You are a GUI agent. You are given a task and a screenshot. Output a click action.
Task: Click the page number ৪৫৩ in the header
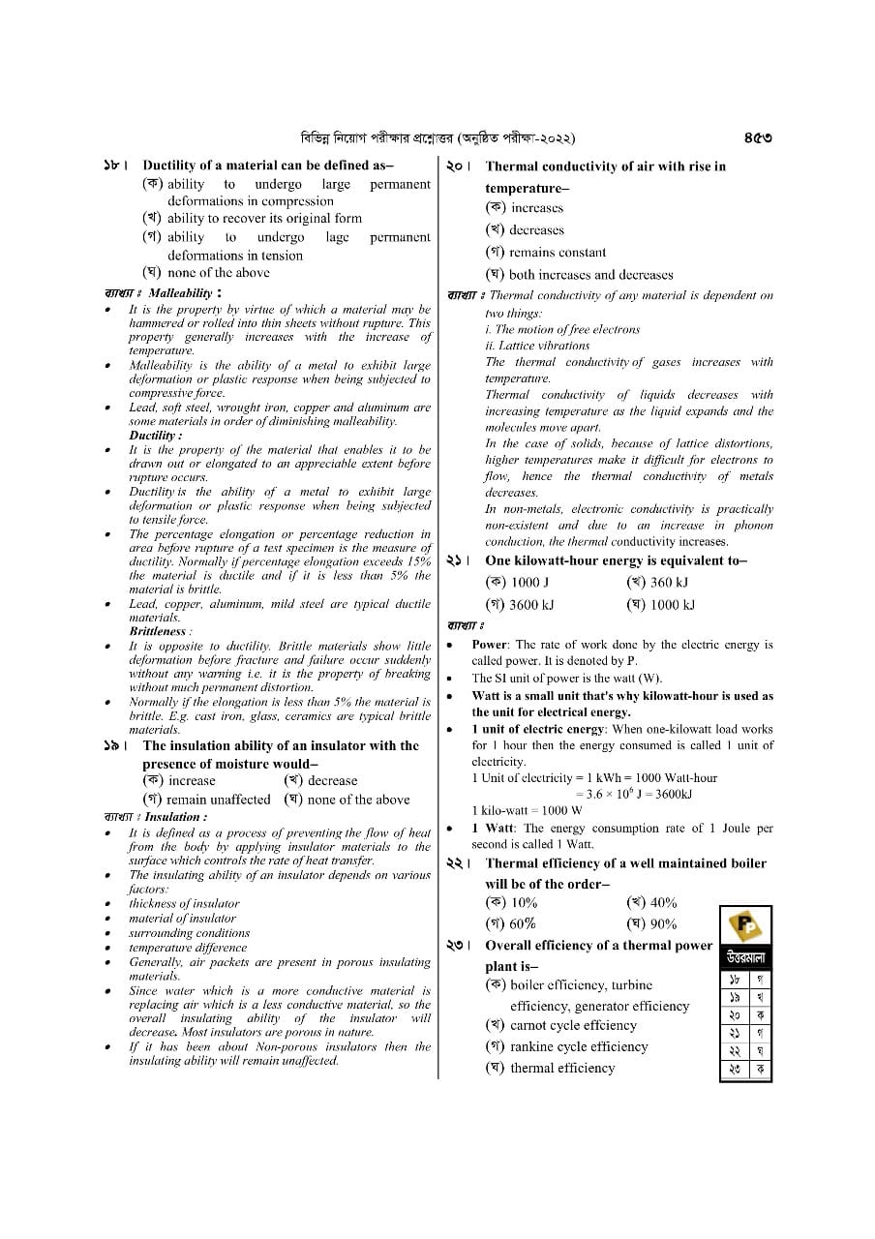(757, 137)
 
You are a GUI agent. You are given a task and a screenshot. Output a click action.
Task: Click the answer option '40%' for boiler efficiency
(663, 902)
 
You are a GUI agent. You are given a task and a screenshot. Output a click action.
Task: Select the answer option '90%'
(663, 923)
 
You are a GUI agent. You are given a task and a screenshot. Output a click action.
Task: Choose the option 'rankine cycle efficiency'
(578, 1046)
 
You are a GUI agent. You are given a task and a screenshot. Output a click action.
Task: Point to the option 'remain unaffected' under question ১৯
(218, 800)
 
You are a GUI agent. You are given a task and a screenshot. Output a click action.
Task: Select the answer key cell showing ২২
(735, 1051)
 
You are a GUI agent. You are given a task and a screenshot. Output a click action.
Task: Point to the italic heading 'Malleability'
(180, 292)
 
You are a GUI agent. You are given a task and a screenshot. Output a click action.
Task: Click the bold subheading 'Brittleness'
(158, 631)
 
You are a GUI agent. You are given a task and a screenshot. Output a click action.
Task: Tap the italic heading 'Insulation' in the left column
(173, 817)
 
